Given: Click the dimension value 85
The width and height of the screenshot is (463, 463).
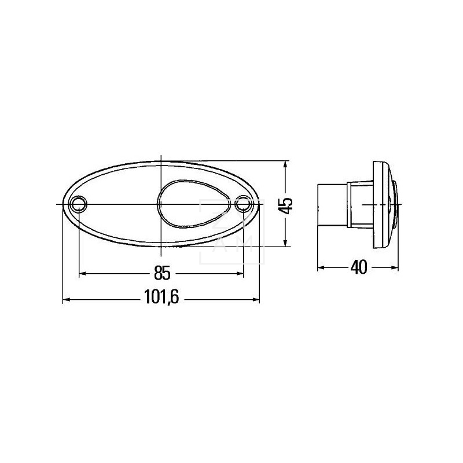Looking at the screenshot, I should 161,271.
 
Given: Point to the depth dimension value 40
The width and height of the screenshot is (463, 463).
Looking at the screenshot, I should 359,267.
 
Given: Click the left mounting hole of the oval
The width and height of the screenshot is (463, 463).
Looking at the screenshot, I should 78,204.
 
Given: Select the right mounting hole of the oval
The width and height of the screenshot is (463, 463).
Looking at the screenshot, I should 244,204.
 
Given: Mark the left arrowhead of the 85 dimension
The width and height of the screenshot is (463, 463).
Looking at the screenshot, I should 82,272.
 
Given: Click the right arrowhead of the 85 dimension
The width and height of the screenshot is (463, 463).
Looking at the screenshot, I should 240,272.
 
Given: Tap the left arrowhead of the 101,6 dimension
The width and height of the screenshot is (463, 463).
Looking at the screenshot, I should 65,299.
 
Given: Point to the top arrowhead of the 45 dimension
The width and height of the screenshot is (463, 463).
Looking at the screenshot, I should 285,165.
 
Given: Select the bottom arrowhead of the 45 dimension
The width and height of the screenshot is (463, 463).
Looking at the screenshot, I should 285,243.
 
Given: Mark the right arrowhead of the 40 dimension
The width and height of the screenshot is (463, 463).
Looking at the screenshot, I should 396,268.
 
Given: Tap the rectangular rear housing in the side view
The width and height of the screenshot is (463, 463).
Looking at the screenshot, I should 333,204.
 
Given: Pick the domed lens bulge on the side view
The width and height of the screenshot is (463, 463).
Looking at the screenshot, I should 395,197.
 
